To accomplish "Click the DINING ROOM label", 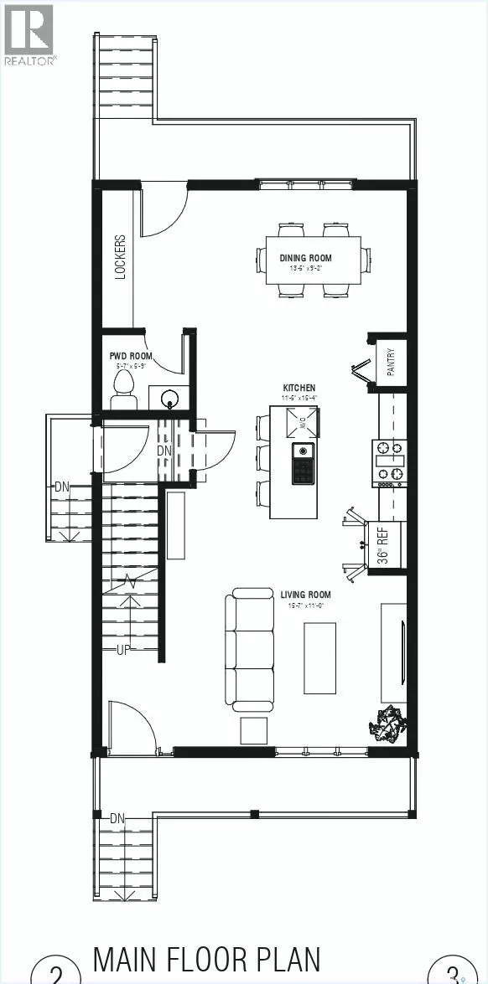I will (305, 258).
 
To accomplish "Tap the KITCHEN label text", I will (299, 388).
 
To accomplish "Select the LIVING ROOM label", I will (305, 595).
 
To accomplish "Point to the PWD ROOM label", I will (130, 356).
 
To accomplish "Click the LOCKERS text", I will (121, 255).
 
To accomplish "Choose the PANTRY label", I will (391, 362).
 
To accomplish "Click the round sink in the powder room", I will (171, 397).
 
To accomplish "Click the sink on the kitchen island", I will (302, 463).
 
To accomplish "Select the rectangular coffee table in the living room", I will (319, 657).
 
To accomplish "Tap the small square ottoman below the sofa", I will (255, 730).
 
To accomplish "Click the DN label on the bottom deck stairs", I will (117, 818).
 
